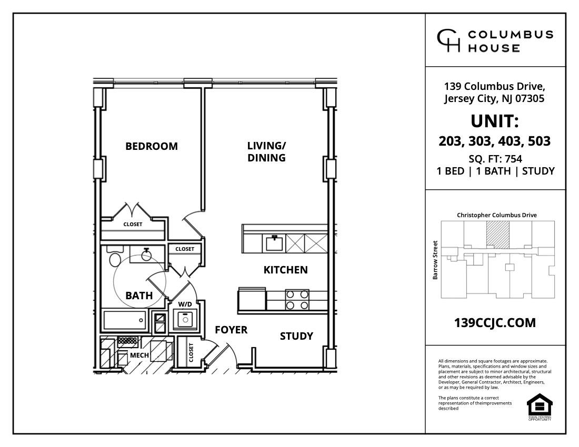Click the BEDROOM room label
point(152,146)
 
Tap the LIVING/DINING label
point(266,151)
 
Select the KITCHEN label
point(285,270)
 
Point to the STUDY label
point(296,336)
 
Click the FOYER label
point(231,330)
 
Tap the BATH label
point(139,296)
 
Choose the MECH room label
point(139,355)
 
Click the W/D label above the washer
point(185,304)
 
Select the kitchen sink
point(274,243)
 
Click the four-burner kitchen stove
point(296,300)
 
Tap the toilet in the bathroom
point(114,259)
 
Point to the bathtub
point(125,319)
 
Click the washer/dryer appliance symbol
point(185,319)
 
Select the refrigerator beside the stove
point(252,300)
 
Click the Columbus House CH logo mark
point(448,41)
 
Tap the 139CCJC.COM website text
point(495,323)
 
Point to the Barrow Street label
point(435,260)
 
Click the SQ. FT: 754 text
point(495,159)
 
